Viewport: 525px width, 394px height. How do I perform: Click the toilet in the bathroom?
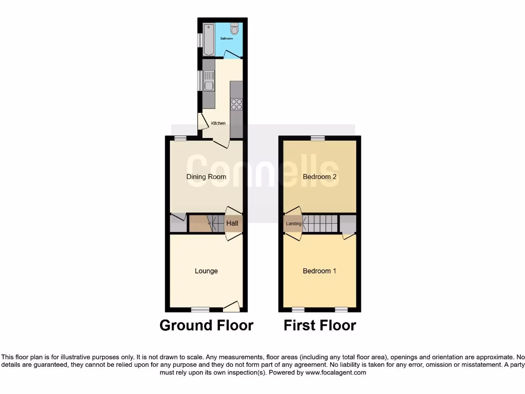pos(234,29)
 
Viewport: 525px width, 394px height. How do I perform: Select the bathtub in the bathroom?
pos(209,39)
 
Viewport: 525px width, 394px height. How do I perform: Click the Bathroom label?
pos(227,38)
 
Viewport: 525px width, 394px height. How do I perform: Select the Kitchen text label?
pos(218,123)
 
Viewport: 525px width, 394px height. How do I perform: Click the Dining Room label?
pos(206,177)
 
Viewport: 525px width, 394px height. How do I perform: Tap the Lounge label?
pos(206,271)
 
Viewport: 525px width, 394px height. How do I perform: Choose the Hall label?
pos(232,224)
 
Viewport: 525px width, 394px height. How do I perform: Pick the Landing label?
pos(294,224)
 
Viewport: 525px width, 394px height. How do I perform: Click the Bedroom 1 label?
pos(319,271)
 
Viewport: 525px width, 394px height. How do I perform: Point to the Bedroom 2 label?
pos(319,177)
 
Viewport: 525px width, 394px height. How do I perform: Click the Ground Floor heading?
pos(206,325)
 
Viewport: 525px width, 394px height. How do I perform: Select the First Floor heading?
pos(320,325)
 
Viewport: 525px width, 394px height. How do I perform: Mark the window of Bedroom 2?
pos(318,138)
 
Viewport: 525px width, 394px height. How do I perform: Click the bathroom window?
pos(200,40)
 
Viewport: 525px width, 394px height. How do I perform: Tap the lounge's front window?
pos(200,309)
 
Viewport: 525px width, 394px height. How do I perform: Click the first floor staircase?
pos(321,224)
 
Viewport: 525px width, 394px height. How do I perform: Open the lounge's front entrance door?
pos(231,307)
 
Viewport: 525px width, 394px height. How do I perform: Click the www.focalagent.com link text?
pos(337,372)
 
